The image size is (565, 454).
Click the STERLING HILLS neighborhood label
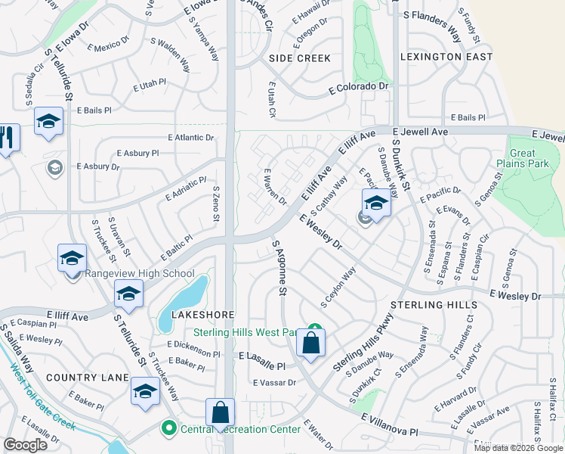tap(434, 305)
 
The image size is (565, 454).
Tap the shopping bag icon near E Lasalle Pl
tap(310, 343)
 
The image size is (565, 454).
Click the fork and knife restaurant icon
tap(8, 138)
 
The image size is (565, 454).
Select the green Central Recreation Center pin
tap(168, 429)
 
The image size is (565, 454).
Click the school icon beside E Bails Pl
tap(48, 122)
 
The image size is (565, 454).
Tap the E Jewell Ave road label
tap(420, 132)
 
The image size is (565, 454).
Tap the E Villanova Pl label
tap(389, 424)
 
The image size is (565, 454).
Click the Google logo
tap(26, 445)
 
